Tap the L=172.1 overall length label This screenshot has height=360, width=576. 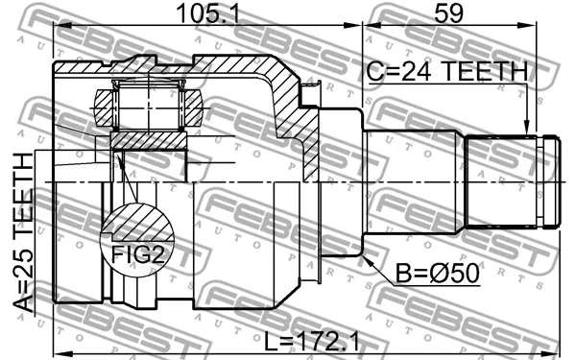tap(312, 341)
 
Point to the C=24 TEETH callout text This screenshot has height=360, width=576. tap(447, 71)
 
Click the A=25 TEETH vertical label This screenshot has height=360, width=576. tap(23, 232)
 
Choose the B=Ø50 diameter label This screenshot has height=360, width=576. tap(437, 273)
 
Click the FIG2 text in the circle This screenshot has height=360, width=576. tap(138, 253)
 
